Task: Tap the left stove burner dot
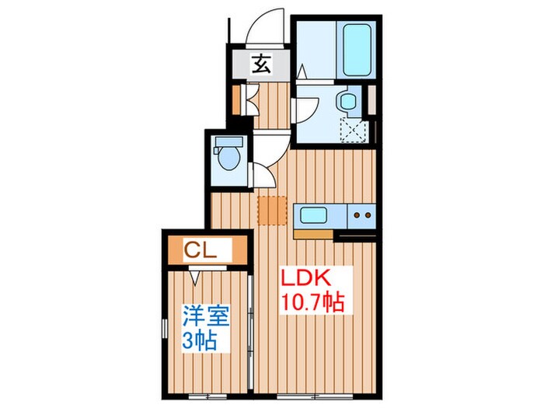click(357, 214)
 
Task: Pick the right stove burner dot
click(366, 214)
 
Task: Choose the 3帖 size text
click(200, 340)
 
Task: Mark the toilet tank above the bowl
click(229, 142)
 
